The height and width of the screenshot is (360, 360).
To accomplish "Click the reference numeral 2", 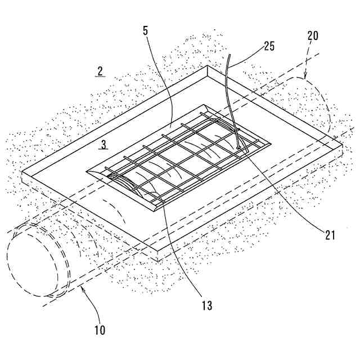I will pyautogui.click(x=100, y=71).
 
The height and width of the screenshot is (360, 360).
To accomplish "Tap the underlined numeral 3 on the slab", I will pyautogui.click(x=103, y=145).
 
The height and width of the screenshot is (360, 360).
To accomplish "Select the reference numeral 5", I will pyautogui.click(x=146, y=30).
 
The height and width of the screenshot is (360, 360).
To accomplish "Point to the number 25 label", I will pyautogui.click(x=269, y=46).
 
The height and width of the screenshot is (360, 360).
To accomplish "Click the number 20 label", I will pyautogui.click(x=312, y=35).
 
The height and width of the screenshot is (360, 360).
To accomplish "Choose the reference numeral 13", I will pyautogui.click(x=207, y=305).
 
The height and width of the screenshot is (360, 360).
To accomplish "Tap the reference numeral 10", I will pyautogui.click(x=100, y=330).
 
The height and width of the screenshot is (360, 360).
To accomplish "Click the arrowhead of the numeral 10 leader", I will pyautogui.click(x=82, y=288).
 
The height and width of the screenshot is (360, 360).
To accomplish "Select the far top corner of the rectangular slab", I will pyautogui.click(x=208, y=66).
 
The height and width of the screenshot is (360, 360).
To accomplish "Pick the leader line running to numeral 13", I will pyautogui.click(x=186, y=253).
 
